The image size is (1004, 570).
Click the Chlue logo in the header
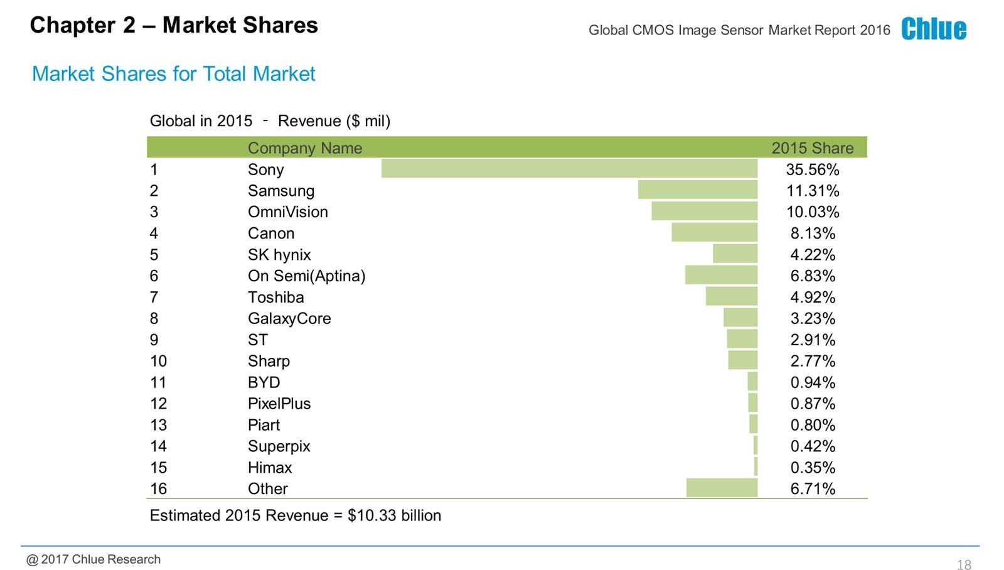(934, 29)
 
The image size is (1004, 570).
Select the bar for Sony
(569, 169)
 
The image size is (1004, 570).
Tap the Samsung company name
(280, 191)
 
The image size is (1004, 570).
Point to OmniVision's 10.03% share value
(813, 212)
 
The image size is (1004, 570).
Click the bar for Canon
(714, 233)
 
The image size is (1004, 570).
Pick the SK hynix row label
(279, 255)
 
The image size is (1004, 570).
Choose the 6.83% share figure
(813, 276)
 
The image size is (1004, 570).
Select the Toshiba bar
(731, 296)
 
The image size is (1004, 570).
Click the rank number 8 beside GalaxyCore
(154, 319)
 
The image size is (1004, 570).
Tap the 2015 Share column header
(812, 148)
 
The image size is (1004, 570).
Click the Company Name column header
(305, 148)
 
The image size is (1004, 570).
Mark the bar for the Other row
(722, 488)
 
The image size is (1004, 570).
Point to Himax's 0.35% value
(813, 468)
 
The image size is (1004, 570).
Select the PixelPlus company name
(279, 404)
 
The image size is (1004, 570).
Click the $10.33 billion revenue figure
(394, 515)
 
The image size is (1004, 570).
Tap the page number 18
(964, 565)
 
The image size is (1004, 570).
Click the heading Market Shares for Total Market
(173, 74)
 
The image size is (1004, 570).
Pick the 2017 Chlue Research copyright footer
(93, 559)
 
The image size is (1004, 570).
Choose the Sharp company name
(269, 361)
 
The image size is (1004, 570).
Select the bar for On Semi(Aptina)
(721, 275)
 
